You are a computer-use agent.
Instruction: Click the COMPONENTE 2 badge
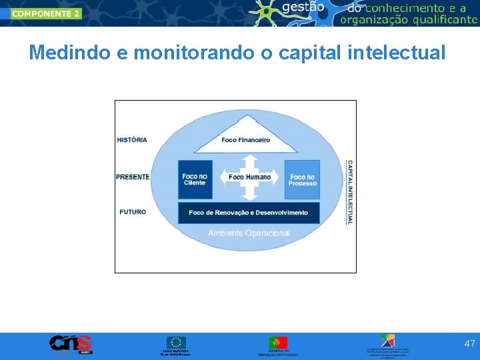pyautogui.click(x=45, y=13)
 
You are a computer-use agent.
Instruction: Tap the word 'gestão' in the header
pyautogui.click(x=303, y=8)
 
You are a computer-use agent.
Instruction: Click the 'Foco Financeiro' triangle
pyautogui.click(x=245, y=136)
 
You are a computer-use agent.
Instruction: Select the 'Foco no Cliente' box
pyautogui.click(x=195, y=179)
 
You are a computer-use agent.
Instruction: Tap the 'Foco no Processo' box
pyautogui.click(x=303, y=179)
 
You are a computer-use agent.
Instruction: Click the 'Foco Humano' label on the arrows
pyautogui.click(x=249, y=177)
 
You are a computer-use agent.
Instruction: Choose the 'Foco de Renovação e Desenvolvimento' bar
pyautogui.click(x=248, y=213)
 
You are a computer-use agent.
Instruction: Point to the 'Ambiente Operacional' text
pyautogui.click(x=249, y=233)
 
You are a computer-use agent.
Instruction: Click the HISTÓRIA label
pyautogui.click(x=132, y=140)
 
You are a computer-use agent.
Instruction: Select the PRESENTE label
pyautogui.click(x=133, y=177)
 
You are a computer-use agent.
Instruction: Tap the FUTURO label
pyautogui.click(x=133, y=212)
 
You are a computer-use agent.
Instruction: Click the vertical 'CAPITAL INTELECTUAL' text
pyautogui.click(x=349, y=192)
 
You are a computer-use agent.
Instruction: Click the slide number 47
pyautogui.click(x=469, y=343)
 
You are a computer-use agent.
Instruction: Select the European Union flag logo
pyautogui.click(x=177, y=342)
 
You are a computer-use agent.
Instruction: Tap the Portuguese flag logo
pyautogui.click(x=278, y=342)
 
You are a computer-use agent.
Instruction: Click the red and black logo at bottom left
pyautogui.click(x=71, y=344)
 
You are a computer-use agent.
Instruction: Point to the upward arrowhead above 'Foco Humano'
pyautogui.click(x=249, y=160)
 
